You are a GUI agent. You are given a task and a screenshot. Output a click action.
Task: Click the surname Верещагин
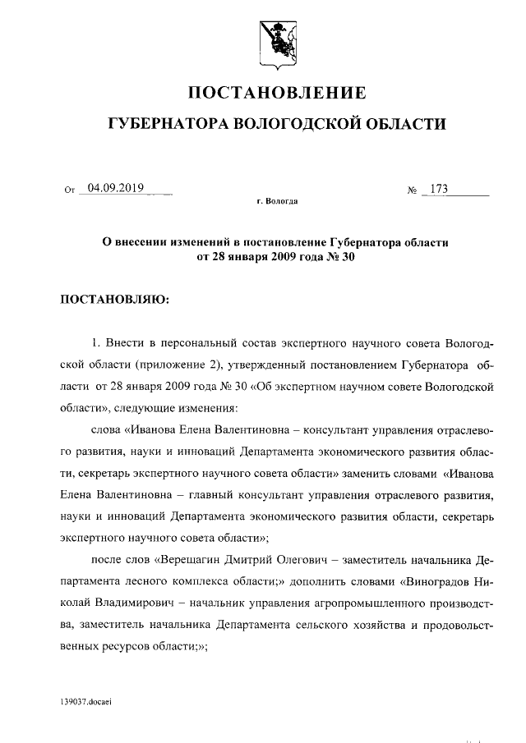(193, 560)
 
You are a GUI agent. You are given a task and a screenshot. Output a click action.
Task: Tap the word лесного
(155, 581)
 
